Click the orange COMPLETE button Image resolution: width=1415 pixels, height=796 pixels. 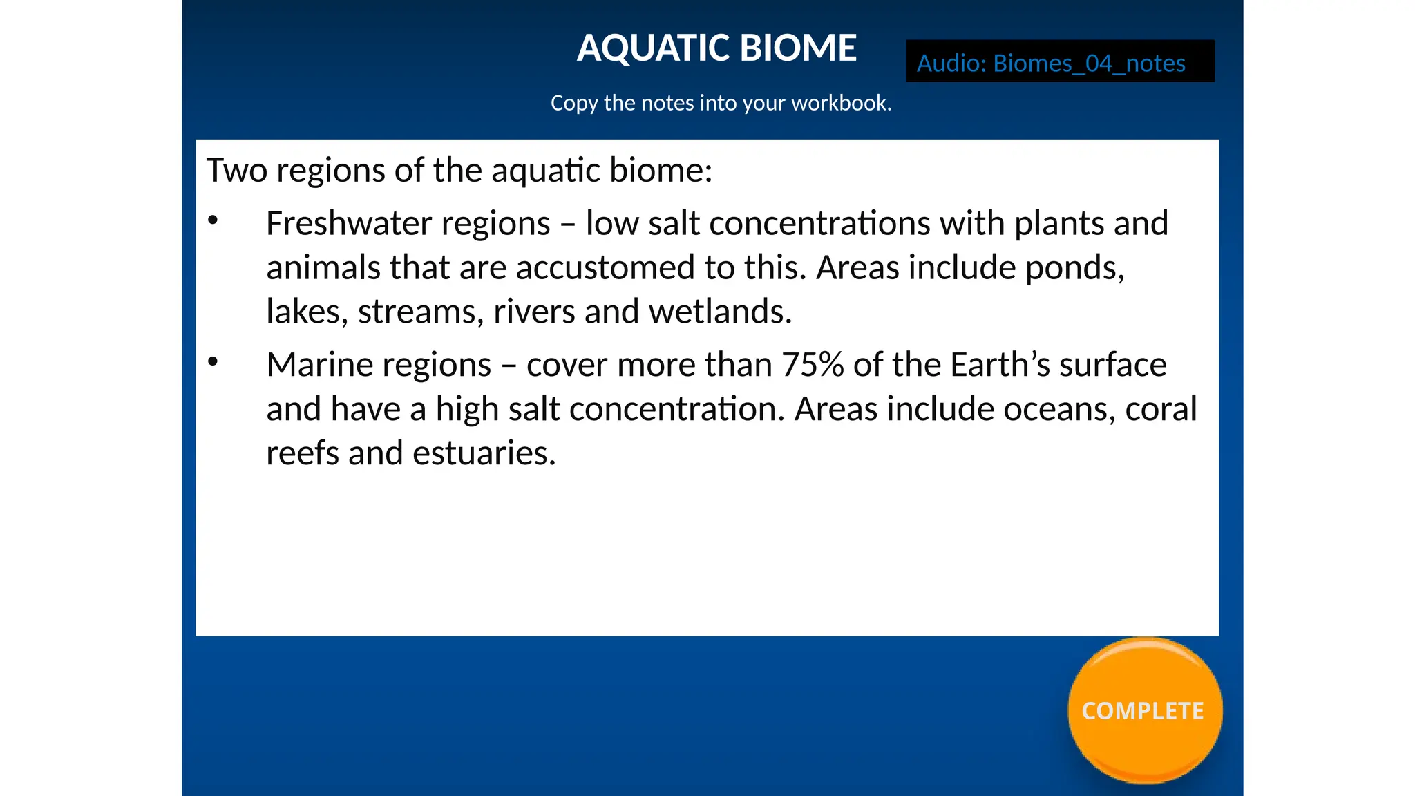(x=1144, y=710)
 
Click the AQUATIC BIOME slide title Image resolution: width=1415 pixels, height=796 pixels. (x=716, y=48)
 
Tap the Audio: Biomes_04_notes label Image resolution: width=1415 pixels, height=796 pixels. (x=1051, y=64)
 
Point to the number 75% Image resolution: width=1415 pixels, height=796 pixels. (x=813, y=365)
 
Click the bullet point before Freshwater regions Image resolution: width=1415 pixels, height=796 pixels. (x=213, y=220)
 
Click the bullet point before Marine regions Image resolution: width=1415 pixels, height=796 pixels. (x=213, y=361)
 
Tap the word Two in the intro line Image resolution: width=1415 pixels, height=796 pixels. (x=236, y=171)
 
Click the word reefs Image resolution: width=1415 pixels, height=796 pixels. (x=302, y=453)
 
